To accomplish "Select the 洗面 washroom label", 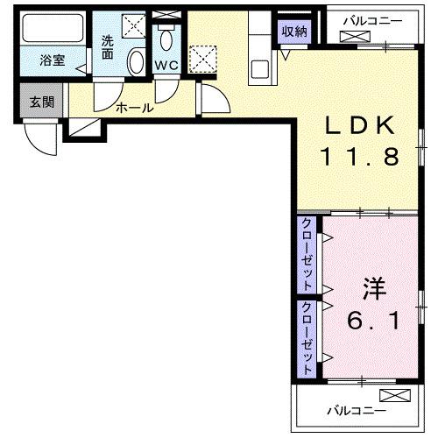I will (108, 46).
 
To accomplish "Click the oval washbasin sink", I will (137, 63).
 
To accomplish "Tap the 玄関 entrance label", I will (41, 102).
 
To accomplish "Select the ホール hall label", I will (135, 109).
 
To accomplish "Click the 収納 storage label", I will (294, 32).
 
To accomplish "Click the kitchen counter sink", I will (259, 68).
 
